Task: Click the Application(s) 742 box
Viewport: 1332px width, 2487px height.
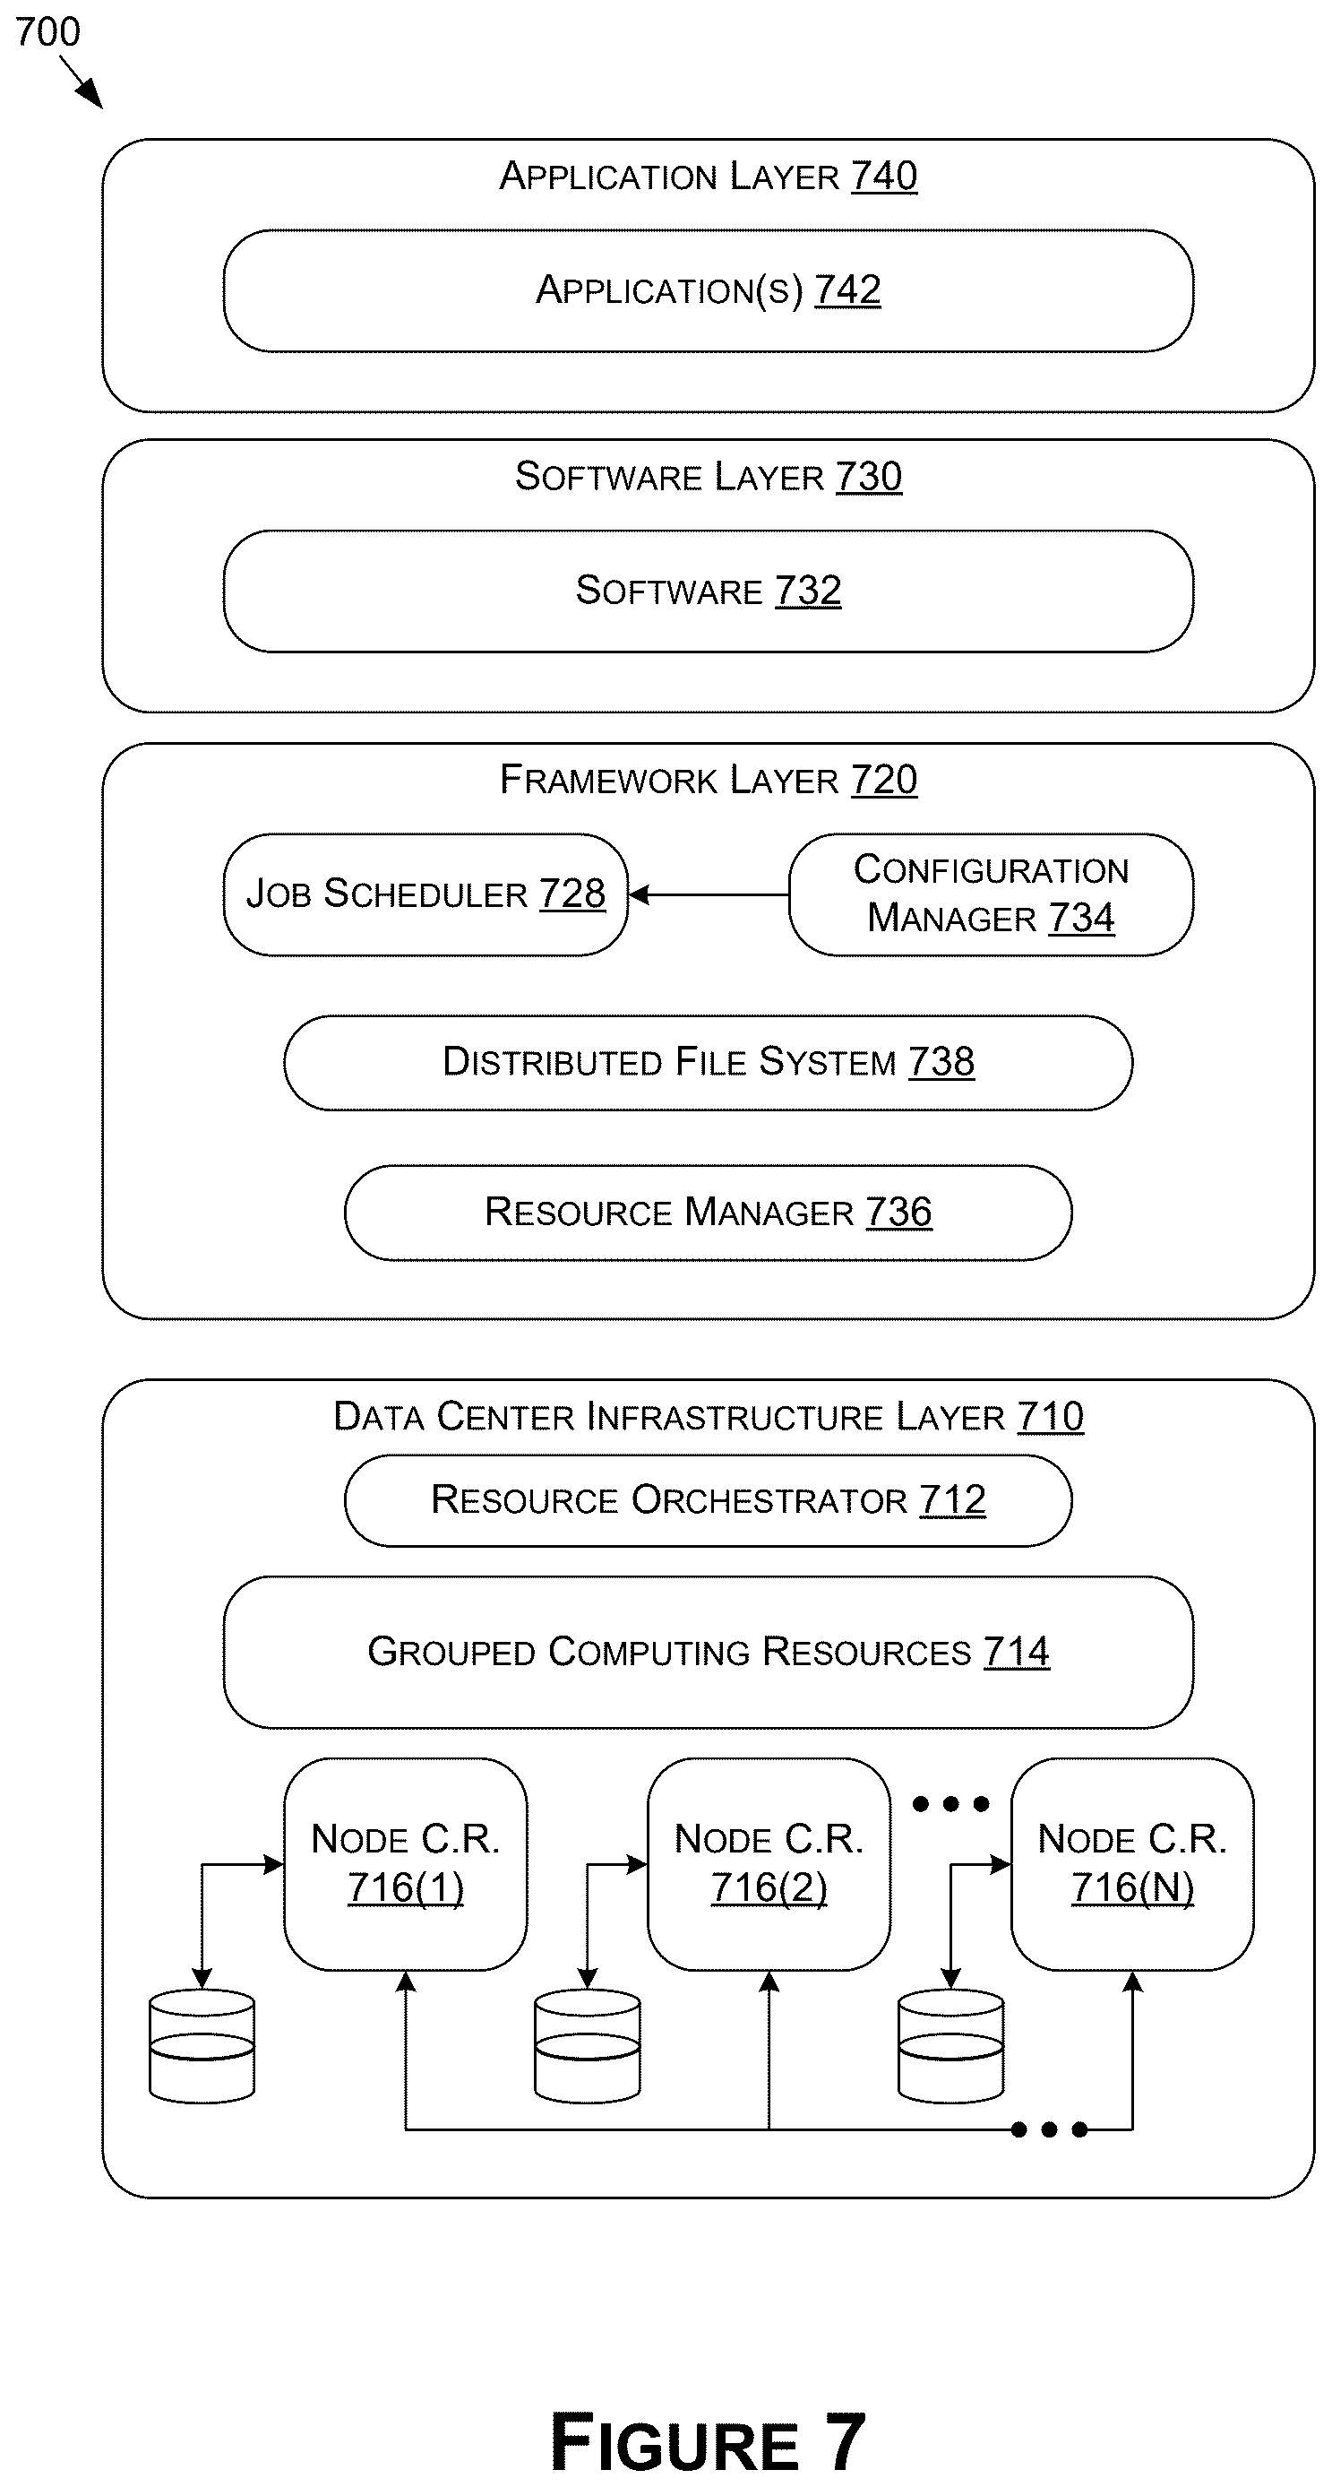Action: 708,290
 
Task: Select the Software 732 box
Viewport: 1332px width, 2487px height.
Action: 708,591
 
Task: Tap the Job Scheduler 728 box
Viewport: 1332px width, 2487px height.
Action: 425,895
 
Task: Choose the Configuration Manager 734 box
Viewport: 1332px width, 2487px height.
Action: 992,895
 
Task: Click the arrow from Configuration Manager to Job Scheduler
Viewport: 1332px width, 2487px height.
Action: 709,895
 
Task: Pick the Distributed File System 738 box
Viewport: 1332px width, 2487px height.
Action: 708,1063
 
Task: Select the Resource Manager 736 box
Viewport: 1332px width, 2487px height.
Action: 708,1213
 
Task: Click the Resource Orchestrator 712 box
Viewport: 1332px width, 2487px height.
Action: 708,1500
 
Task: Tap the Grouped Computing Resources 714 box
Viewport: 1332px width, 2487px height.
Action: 708,1652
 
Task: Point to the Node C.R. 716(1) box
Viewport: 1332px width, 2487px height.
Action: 406,1864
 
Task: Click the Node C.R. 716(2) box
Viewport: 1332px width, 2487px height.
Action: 769,1864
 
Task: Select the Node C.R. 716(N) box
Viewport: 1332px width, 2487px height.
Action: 1132,1864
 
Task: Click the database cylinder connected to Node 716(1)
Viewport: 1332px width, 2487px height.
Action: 202,2046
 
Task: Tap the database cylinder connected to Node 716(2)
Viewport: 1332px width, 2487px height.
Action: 587,2046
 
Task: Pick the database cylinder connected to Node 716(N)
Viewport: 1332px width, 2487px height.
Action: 950,2046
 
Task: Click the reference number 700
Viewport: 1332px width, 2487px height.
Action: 48,33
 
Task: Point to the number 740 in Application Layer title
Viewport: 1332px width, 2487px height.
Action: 884,177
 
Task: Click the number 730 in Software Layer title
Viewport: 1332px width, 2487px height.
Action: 869,477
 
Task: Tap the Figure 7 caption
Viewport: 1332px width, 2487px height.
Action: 708,2441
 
